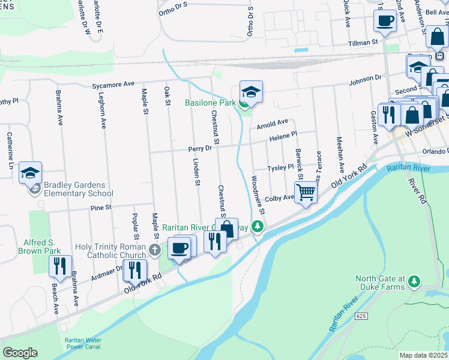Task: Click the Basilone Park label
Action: (209, 103)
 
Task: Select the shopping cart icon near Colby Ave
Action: (306, 192)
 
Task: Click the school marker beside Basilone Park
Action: (251, 92)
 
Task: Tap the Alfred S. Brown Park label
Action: (42, 246)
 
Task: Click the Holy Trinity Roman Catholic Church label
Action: (111, 251)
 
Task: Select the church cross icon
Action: (155, 250)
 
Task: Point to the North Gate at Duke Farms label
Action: (381, 283)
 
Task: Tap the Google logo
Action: (20, 353)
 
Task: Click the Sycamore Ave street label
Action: (113, 85)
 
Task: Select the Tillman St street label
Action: (364, 43)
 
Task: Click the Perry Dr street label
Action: (200, 148)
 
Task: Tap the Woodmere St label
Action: (258, 195)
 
